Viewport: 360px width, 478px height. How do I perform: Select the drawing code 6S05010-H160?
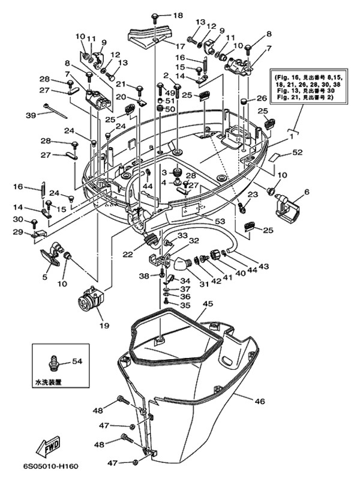click(51, 466)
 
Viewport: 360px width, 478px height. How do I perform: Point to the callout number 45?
click(208, 304)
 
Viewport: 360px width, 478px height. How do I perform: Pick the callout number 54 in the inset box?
click(77, 362)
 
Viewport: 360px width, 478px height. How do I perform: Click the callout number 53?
click(220, 222)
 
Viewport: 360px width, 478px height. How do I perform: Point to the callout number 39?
click(31, 115)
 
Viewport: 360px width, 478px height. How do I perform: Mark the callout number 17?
click(181, 46)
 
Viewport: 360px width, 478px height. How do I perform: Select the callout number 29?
click(18, 231)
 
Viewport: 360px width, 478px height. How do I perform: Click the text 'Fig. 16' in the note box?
click(284, 77)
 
